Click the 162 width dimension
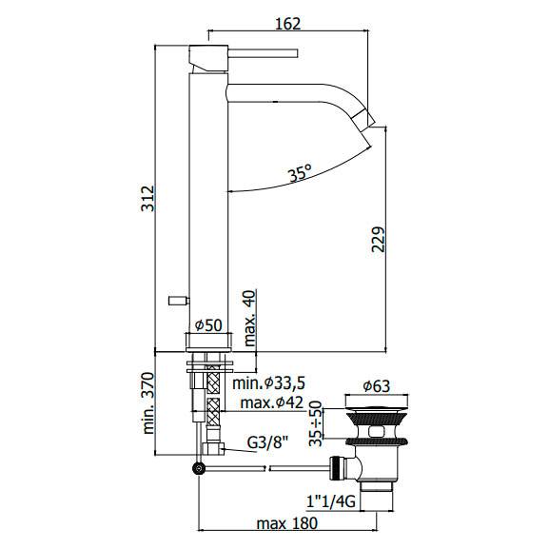click(x=287, y=24)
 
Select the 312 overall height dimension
click(x=147, y=199)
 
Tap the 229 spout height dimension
click(x=378, y=240)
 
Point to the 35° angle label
click(x=300, y=173)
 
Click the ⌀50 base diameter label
click(x=208, y=325)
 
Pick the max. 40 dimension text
click(x=250, y=318)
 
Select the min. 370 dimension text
click(x=147, y=403)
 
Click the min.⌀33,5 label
click(x=269, y=383)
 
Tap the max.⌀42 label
click(x=272, y=402)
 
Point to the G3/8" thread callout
click(x=267, y=443)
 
